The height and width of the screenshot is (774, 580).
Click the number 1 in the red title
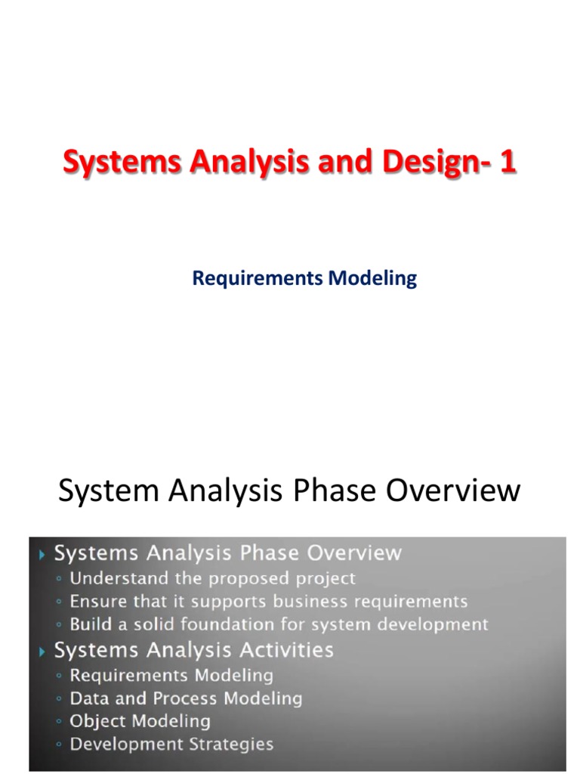click(507, 162)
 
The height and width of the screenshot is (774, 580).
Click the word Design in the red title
click(421, 162)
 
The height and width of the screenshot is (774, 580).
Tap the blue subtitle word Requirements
click(258, 278)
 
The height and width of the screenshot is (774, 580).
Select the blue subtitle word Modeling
click(372, 278)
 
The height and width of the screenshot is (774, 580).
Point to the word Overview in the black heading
click(453, 491)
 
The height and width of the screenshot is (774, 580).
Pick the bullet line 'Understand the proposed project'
click(212, 578)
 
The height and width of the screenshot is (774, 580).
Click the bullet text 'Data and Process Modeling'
click(186, 698)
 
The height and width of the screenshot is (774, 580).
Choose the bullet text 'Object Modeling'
click(140, 721)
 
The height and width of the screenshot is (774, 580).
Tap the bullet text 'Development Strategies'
click(171, 744)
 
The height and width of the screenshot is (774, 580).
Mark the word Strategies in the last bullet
click(230, 744)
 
